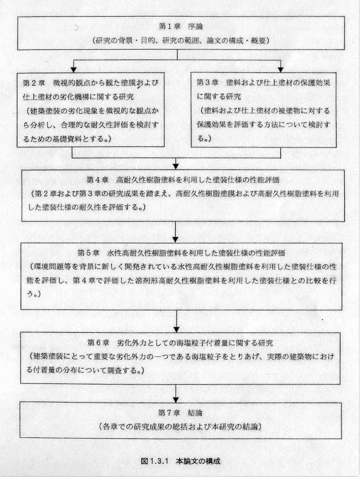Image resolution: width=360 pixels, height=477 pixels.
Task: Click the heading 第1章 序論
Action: [x=181, y=27]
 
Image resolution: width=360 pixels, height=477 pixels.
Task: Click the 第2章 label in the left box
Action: [x=34, y=83]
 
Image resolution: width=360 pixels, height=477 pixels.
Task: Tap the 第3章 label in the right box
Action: [x=208, y=82]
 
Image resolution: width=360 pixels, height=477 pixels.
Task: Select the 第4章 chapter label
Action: [x=97, y=180]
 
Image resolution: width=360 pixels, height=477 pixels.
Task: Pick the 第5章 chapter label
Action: [x=89, y=253]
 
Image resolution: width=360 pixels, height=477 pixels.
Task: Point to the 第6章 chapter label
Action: [x=98, y=343]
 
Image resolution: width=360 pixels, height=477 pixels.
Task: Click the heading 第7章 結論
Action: [x=180, y=413]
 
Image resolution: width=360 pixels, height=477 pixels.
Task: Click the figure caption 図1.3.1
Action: [x=155, y=460]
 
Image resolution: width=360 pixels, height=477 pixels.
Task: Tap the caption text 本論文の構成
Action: [x=198, y=460]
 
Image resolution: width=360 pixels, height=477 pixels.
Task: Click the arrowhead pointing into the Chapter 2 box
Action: [x=73, y=70]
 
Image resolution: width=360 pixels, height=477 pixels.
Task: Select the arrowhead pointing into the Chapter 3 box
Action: [x=281, y=70]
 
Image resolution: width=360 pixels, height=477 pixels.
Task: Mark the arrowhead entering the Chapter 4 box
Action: [x=176, y=166]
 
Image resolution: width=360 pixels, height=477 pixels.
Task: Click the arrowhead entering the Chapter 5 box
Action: [x=176, y=239]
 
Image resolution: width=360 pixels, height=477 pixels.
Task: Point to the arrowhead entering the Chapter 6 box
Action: [x=176, y=330]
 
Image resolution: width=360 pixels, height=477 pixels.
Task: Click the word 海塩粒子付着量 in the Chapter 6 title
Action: [x=202, y=343]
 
